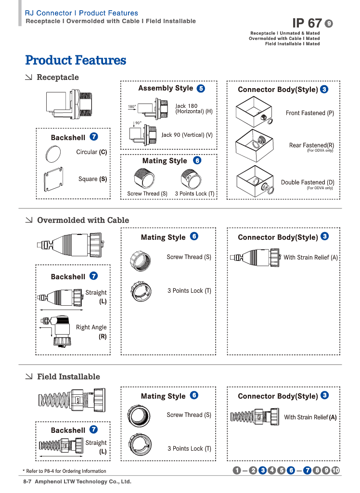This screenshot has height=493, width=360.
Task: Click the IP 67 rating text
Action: (307, 23)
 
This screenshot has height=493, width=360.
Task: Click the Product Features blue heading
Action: (76, 61)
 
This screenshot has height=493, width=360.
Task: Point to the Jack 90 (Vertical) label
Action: (187, 135)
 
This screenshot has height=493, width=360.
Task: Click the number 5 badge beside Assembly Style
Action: (201, 89)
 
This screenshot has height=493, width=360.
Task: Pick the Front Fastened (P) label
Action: (309, 113)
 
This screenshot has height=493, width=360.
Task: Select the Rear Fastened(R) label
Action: (311, 145)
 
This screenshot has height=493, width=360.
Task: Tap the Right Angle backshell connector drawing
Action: (60, 330)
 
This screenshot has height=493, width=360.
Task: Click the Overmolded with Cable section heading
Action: (83, 221)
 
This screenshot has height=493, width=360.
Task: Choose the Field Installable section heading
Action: (68, 377)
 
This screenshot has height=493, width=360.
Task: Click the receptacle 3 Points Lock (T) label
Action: (194, 194)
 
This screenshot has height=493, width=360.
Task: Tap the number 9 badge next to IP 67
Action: (329, 24)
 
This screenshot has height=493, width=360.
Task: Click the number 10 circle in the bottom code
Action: (335, 470)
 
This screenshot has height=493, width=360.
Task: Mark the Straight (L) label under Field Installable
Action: (96, 447)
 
